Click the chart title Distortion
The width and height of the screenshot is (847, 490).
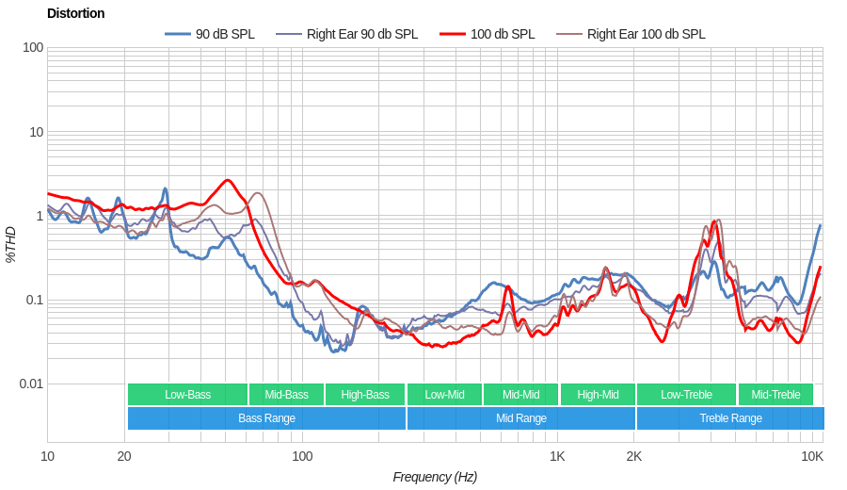point(75,13)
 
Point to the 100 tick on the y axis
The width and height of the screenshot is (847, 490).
point(33,47)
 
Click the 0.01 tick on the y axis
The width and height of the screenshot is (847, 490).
point(31,384)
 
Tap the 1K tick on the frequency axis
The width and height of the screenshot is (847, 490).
point(557,456)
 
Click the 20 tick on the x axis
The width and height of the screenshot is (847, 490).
point(124,456)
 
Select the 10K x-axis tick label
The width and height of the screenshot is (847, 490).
point(812,456)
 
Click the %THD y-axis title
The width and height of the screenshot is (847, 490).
point(10,244)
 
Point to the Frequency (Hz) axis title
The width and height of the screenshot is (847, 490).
point(435,477)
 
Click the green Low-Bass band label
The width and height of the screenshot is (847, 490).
point(187,395)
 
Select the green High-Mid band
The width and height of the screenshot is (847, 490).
point(598,395)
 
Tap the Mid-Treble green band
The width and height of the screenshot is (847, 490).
point(775,395)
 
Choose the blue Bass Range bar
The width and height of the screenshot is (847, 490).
point(266,418)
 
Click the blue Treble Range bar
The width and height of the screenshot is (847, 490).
point(730,418)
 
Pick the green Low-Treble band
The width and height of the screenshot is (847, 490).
point(686,395)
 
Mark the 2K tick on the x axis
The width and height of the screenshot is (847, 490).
point(634,456)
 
